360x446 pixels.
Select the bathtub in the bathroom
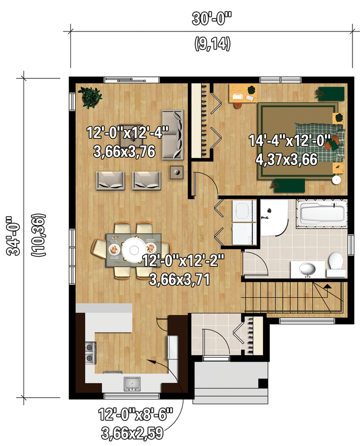321,213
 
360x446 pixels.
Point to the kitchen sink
132,384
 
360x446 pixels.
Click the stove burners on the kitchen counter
90,353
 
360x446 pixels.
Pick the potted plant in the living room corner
90,97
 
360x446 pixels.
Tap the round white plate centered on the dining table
133,250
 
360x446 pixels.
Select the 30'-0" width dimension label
212,19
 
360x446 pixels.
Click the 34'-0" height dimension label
13,235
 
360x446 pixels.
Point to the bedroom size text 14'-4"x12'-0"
290,140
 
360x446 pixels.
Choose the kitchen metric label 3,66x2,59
132,433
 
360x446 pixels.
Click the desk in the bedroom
242,93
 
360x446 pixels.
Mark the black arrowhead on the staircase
327,286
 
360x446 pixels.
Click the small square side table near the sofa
176,172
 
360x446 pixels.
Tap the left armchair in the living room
111,180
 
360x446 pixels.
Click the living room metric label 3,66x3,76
124,151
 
